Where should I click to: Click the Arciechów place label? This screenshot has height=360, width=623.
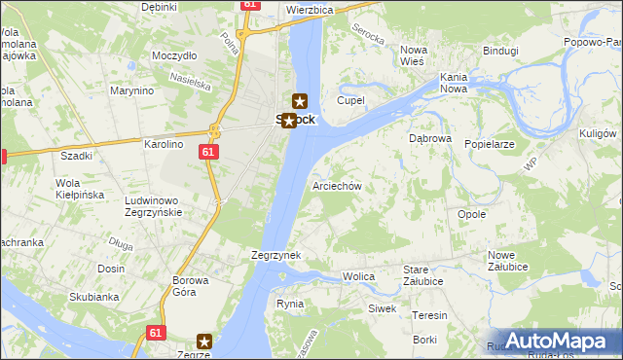[337, 185]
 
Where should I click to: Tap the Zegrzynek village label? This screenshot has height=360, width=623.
[276, 255]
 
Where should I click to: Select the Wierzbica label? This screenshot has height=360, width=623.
[310, 9]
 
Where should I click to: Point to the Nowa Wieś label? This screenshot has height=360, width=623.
[415, 55]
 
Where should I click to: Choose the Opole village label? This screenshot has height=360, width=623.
[471, 214]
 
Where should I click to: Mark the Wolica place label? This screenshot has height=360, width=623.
[358, 277]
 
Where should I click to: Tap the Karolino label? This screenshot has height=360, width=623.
[164, 144]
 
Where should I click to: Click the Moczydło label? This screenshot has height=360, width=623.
[174, 55]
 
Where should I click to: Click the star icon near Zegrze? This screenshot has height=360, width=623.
[204, 341]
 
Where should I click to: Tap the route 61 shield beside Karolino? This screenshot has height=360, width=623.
[208, 153]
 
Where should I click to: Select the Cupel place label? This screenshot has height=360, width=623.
[350, 100]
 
